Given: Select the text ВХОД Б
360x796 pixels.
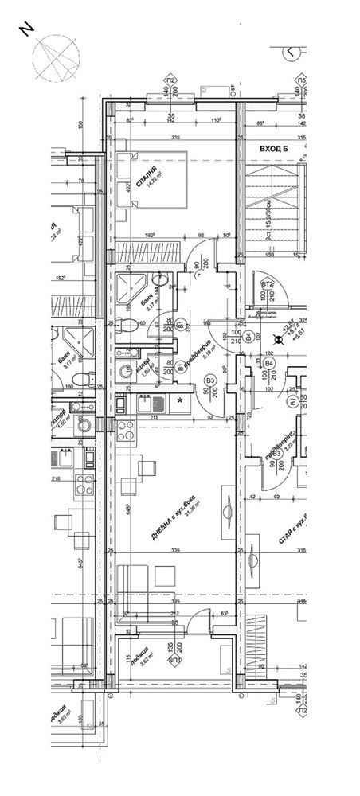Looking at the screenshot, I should click(274, 149).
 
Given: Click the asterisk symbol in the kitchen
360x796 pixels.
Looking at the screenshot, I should click(182, 400).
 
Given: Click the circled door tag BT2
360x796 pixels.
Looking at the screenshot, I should click(268, 285).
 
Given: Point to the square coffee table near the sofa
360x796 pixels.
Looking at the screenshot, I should click(166, 575).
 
